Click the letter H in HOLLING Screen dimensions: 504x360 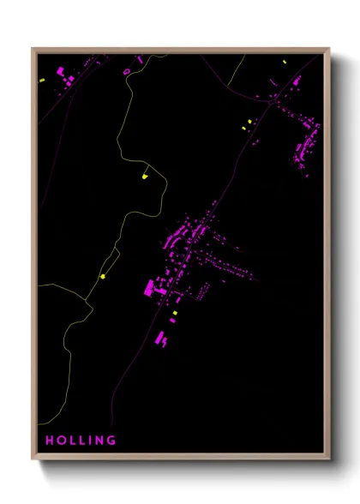coord(50,441)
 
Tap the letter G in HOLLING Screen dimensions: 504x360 coord(111,441)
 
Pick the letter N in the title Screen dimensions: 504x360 coord(98,441)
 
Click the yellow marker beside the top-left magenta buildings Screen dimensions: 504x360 coord(41,80)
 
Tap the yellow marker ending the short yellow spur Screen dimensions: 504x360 coord(145,176)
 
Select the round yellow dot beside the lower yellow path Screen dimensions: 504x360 coord(102,276)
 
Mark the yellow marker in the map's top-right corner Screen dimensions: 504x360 coord(285,62)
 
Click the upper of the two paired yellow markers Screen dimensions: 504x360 coord(249,121)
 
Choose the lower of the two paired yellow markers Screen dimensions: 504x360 coord(243,129)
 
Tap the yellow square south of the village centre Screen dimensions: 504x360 coord(175,314)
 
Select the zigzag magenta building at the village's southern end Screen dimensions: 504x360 coord(161,339)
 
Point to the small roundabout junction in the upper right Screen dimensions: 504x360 coord(275,101)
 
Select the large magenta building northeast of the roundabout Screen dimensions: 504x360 coord(297,82)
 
